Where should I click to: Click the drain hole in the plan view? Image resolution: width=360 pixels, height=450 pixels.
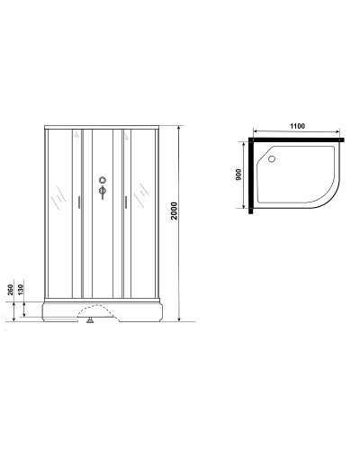271,159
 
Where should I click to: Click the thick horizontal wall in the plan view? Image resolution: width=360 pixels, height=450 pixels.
297,141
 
